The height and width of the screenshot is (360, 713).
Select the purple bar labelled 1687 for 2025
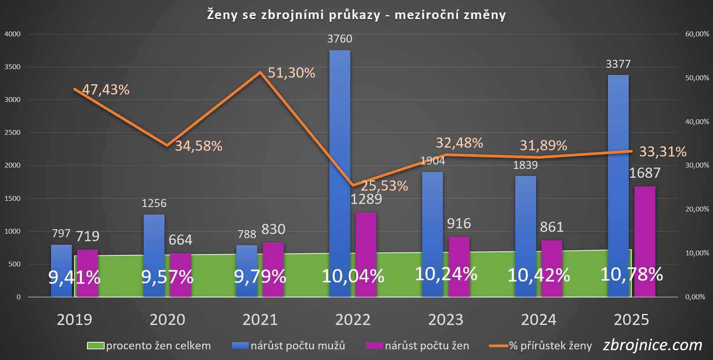pyautogui.click(x=645, y=239)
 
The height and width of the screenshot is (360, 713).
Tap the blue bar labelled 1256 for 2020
pyautogui.click(x=154, y=239)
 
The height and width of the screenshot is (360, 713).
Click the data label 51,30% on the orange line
pyautogui.click(x=291, y=73)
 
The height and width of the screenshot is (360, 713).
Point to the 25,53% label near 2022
pyautogui.click(x=384, y=186)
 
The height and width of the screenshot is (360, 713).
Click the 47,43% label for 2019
pyautogui.click(x=106, y=90)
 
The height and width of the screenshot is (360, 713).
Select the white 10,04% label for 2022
pyautogui.click(x=353, y=276)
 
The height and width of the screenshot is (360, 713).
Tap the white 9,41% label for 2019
pyautogui.click(x=74, y=278)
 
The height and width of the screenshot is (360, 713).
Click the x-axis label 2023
pyautogui.click(x=446, y=320)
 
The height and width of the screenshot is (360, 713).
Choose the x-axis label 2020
pyautogui.click(x=167, y=320)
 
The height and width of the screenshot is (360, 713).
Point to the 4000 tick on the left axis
pyautogui.click(x=12, y=34)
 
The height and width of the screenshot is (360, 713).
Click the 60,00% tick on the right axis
pyautogui.click(x=697, y=34)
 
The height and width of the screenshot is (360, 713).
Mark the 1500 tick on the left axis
pyautogui.click(x=12, y=199)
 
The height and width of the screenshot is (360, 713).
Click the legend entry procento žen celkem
pyautogui.click(x=158, y=346)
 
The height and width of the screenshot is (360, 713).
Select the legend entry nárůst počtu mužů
pyautogui.click(x=298, y=346)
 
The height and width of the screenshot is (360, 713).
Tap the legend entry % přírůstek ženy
pyautogui.click(x=550, y=346)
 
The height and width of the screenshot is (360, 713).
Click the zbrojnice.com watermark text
pyautogui.click(x=653, y=345)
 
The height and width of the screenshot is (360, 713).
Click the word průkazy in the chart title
pyautogui.click(x=354, y=15)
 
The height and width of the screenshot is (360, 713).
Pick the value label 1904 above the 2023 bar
pyautogui.click(x=432, y=160)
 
